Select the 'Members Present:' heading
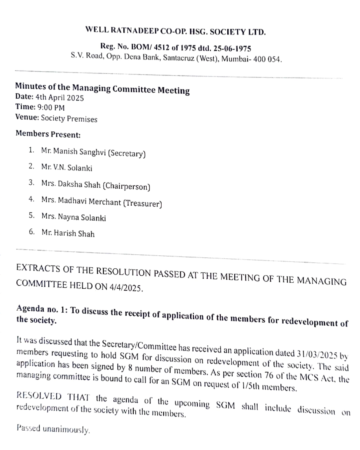pyautogui.click(x=48, y=134)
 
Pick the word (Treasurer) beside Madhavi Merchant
pyautogui.click(x=142, y=203)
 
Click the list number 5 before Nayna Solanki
pyautogui.click(x=31, y=215)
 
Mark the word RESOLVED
pyautogui.click(x=39, y=396)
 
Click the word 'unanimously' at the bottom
pyautogui.click(x=66, y=429)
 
